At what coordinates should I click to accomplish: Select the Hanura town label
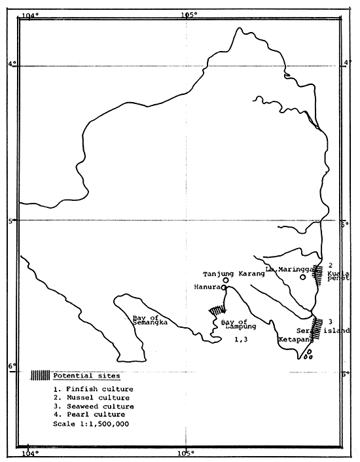(x=207, y=287)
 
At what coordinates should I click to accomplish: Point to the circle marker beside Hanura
(x=224, y=287)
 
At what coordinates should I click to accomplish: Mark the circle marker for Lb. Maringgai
(x=302, y=277)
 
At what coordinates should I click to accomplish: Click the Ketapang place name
(x=293, y=341)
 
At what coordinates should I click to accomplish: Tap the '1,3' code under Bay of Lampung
(x=240, y=340)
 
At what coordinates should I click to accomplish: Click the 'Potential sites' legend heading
(x=82, y=376)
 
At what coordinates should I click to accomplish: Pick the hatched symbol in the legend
(x=41, y=376)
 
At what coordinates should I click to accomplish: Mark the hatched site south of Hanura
(x=217, y=310)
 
